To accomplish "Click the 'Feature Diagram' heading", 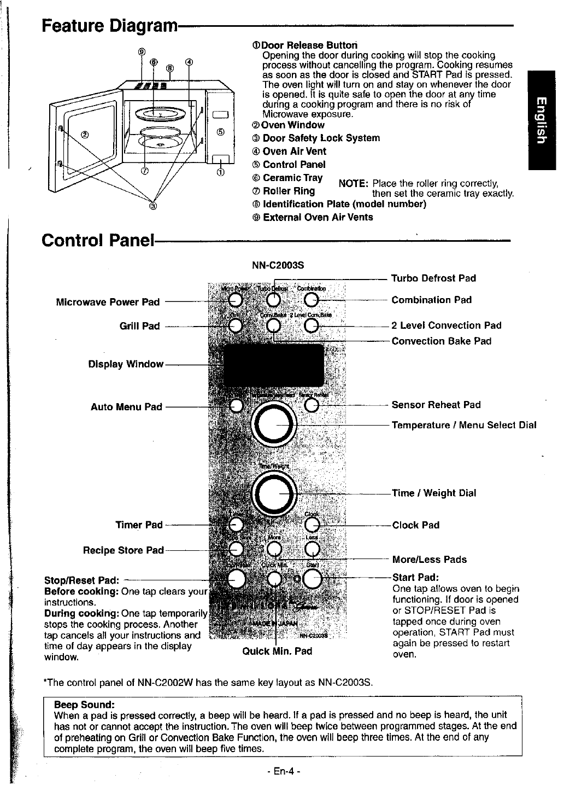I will point(110,26).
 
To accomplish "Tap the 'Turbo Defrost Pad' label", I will point(433,278).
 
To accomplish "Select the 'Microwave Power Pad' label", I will point(108,302).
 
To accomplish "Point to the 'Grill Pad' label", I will point(139,326).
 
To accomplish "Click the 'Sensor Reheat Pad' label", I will point(436,405).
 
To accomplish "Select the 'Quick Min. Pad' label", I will point(277,651).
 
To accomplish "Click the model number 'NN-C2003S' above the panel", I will point(277,266).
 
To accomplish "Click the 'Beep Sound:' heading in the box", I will point(84,703).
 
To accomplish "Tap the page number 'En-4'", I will point(281,772).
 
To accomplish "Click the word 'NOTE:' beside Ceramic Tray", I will point(352,183).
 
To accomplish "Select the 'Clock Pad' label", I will point(415,525).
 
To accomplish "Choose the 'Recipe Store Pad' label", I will point(123,550).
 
